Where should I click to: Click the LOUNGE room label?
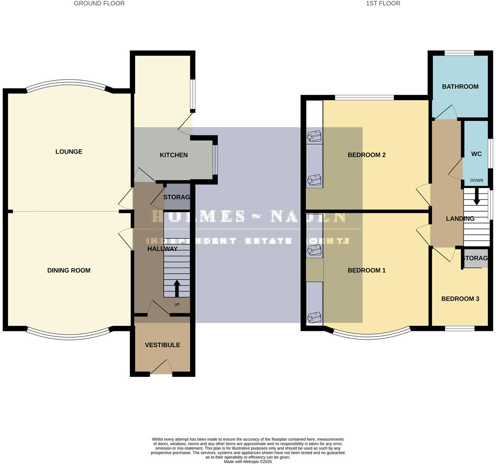point(69,151)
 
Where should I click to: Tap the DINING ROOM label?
point(69,270)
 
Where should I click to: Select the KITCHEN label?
point(174,155)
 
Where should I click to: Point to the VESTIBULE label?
point(163,345)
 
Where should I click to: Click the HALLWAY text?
point(163,249)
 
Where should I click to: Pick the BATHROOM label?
point(460,86)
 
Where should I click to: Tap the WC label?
point(477,154)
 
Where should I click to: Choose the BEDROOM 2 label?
point(367,155)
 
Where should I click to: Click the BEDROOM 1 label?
point(367,270)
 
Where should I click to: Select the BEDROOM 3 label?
point(460,298)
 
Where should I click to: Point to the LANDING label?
point(460,218)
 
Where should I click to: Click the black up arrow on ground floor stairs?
point(177,289)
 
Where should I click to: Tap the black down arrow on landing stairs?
point(477,197)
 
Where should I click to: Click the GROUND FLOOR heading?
point(99,4)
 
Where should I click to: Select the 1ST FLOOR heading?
point(383,4)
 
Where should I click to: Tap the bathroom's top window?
point(459,53)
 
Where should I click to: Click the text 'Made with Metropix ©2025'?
point(248,461)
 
